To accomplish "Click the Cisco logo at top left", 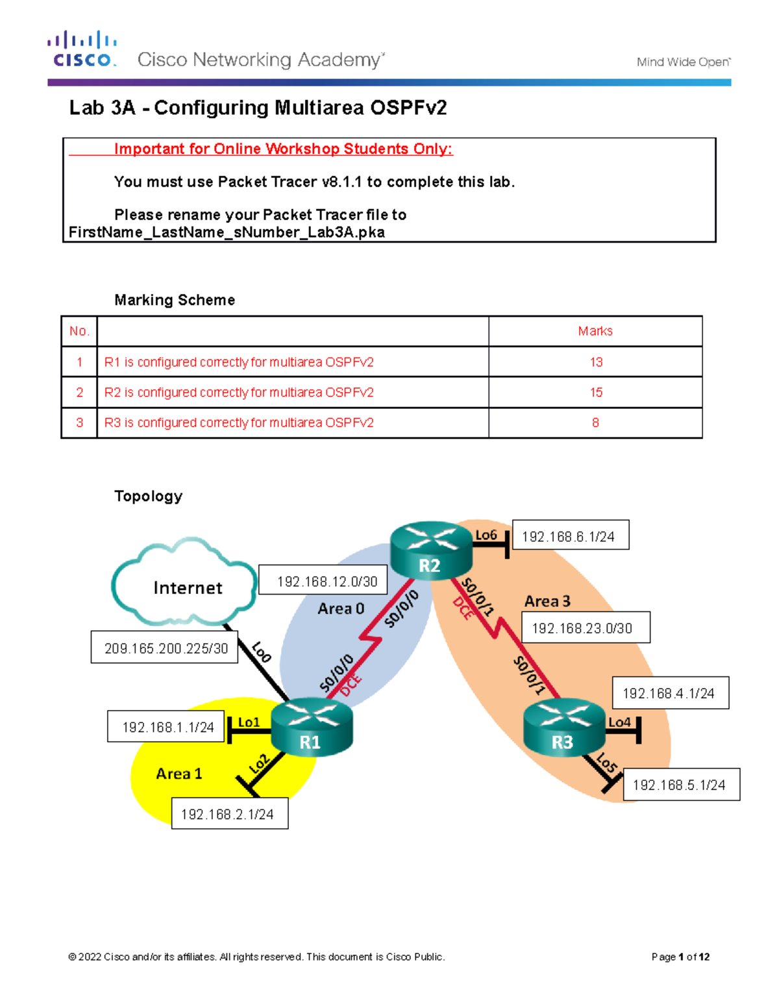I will click(82, 49).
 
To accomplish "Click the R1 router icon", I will click(311, 728).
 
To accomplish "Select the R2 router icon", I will click(431, 550).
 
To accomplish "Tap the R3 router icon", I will click(563, 728).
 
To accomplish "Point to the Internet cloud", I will click(184, 584).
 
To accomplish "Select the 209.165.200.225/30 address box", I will click(165, 648).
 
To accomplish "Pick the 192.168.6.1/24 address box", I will click(570, 536).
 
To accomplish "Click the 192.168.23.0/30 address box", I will click(585, 628).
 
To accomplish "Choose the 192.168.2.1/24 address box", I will click(229, 814).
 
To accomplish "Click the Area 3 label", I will click(547, 602).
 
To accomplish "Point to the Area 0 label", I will click(341, 609).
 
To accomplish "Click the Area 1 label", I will click(179, 774).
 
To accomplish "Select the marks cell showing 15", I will click(595, 393).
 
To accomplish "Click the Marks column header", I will click(595, 331).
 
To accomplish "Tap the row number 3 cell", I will click(79, 423).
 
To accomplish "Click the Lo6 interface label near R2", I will click(486, 535).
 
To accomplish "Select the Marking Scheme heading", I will click(175, 300).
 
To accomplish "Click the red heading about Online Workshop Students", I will click(283, 149).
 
